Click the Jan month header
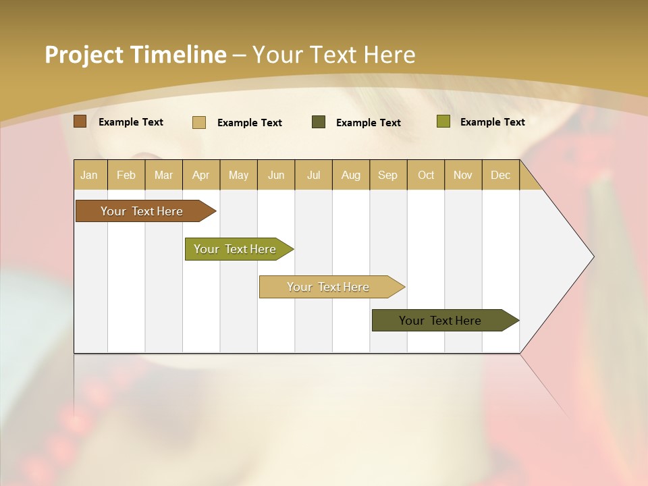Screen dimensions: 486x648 [x=90, y=175]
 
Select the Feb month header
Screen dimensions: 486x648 [x=126, y=175]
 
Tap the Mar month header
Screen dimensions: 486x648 [x=163, y=175]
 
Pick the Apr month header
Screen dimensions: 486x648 [x=201, y=175]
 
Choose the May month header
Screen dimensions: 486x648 [x=238, y=175]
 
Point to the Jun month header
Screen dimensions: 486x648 [x=276, y=175]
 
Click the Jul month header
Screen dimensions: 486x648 [x=313, y=175]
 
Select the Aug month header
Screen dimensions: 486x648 [x=351, y=175]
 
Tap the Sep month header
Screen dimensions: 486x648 [x=388, y=175]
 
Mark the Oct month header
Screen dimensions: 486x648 [x=426, y=175]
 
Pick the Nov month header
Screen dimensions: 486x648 [x=463, y=175]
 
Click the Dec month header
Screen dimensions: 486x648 [x=501, y=175]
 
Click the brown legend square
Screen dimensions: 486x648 [x=80, y=122]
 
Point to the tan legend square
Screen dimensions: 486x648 [x=199, y=122]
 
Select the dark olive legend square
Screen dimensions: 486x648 [x=319, y=122]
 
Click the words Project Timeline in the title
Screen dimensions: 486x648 [x=135, y=55]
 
